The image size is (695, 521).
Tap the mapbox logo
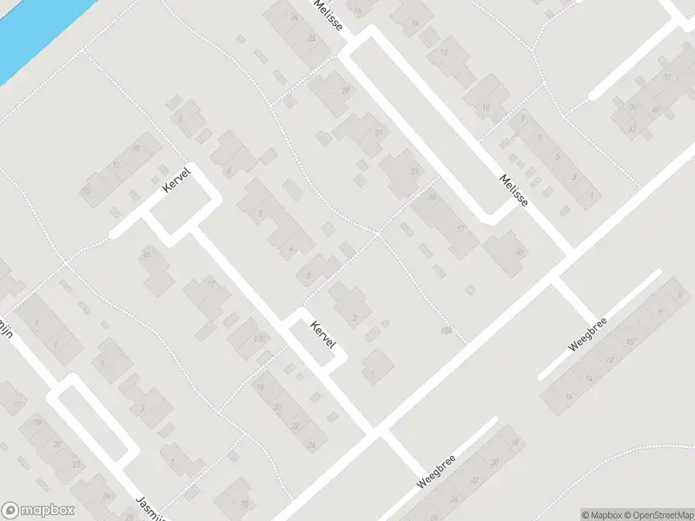38,510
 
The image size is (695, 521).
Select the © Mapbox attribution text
602,514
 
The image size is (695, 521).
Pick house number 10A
447,331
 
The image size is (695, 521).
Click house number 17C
258,339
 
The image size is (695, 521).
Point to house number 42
633,129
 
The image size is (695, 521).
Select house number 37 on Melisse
460,229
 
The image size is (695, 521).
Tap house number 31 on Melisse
378,133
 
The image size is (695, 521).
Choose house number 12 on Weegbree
610,359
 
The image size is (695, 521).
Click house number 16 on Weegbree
570,396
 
